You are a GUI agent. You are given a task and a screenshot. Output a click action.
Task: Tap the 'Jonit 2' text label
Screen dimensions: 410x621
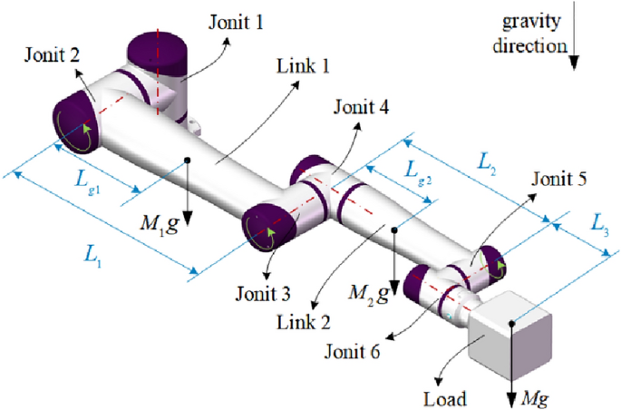[46, 53]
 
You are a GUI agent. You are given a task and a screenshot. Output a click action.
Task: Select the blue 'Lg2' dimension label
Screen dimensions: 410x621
[417, 170]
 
